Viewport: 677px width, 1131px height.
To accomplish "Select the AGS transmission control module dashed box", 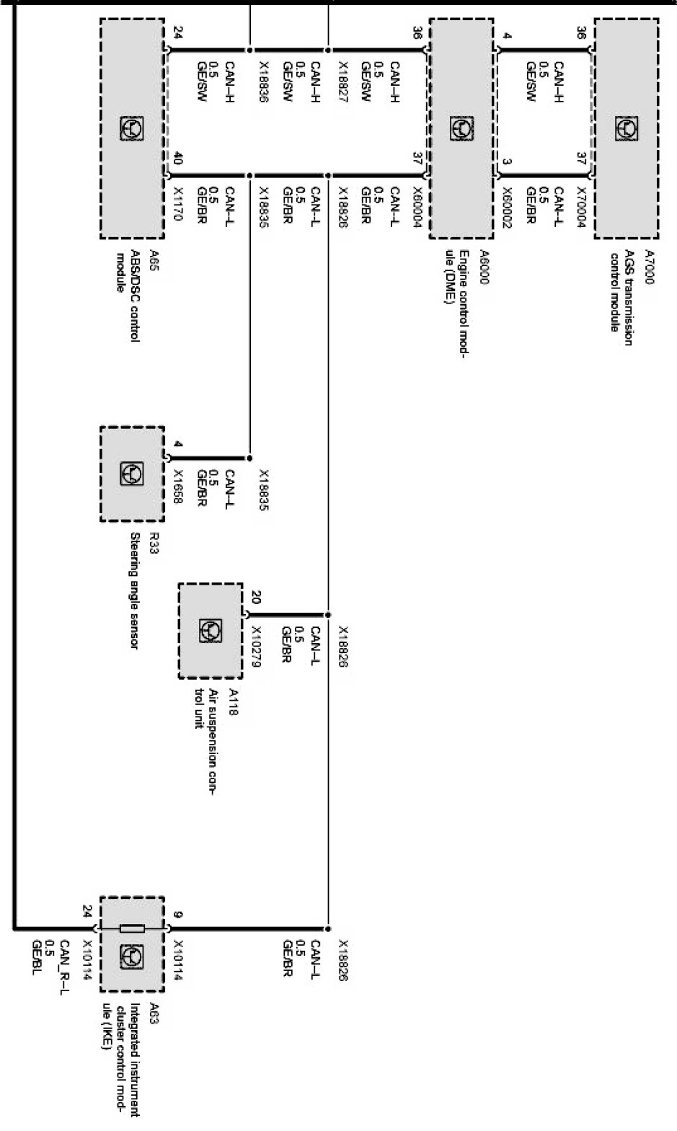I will pos(626,128).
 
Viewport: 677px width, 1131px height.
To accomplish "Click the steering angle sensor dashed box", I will pos(132,474).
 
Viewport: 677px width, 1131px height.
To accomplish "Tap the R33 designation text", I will pos(154,542).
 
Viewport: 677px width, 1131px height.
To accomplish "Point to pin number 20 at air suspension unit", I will pos(256,597).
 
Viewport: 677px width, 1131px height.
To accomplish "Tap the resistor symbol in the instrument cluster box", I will pos(132,928).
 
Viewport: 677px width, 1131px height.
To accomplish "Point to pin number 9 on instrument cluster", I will pos(178,915).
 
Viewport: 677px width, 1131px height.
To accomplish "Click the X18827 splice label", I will pos(343,81).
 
